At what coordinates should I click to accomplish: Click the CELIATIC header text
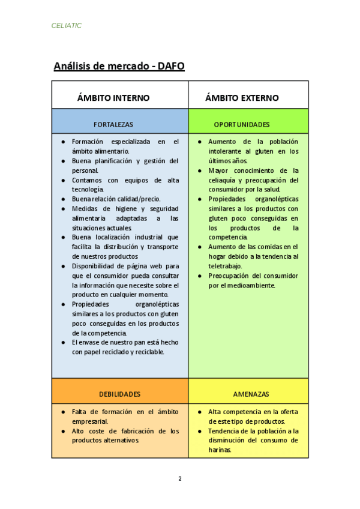click(x=67, y=26)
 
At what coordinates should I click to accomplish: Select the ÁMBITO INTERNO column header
click(x=113, y=98)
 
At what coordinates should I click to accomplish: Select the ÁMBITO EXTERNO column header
click(x=242, y=98)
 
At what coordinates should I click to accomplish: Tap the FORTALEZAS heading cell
click(x=113, y=125)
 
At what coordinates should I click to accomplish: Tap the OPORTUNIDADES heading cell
click(x=242, y=125)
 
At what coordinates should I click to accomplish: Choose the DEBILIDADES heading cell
click(x=119, y=394)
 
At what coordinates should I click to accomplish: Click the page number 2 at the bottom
click(x=179, y=478)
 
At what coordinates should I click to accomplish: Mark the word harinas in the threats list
click(x=220, y=450)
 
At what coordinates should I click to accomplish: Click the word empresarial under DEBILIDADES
click(x=90, y=421)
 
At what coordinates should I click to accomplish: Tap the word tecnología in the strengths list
click(x=88, y=189)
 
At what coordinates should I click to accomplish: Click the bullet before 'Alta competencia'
click(x=200, y=412)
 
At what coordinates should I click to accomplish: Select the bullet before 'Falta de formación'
click(x=64, y=412)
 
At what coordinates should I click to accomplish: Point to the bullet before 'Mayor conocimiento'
click(x=200, y=170)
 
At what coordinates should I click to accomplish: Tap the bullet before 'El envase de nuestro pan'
click(x=64, y=342)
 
